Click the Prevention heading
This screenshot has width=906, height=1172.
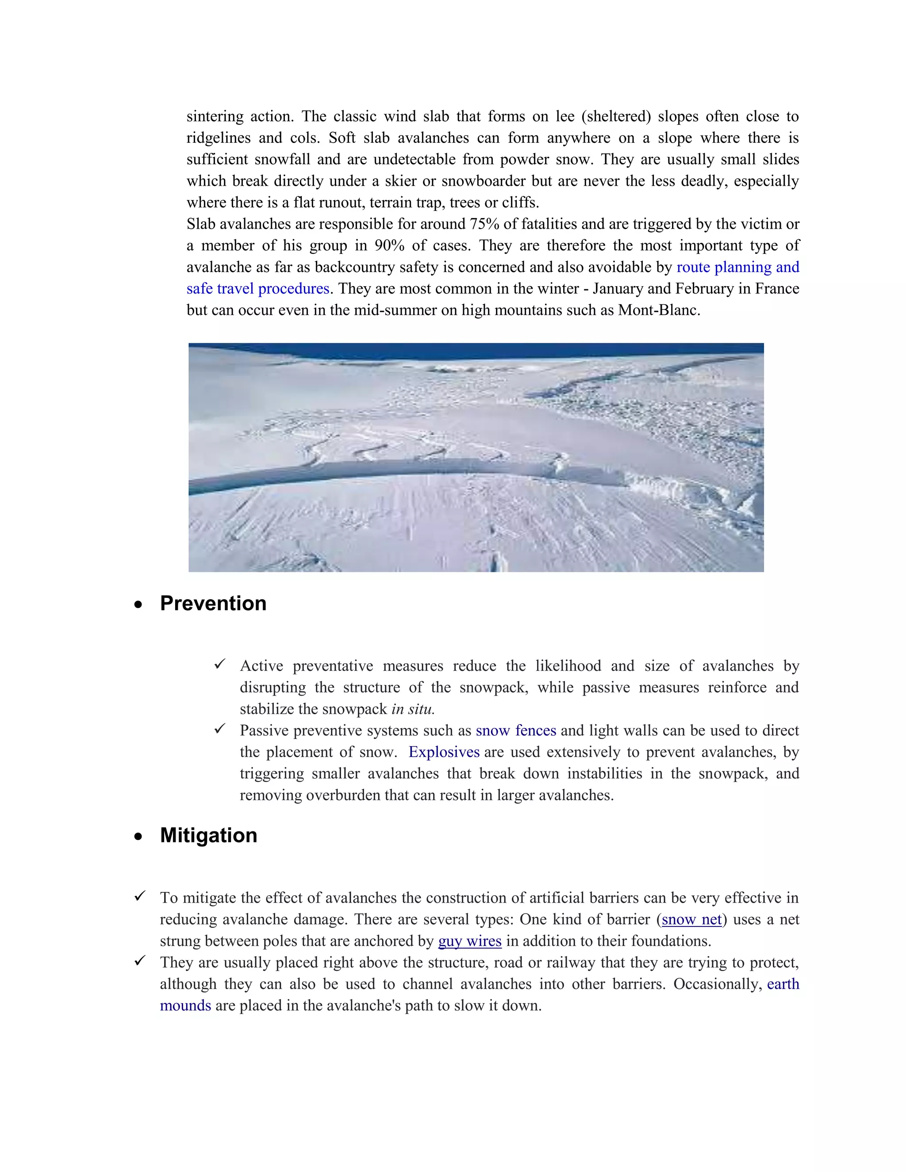click(213, 604)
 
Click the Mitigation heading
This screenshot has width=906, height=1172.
click(208, 835)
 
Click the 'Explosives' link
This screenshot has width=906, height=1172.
click(443, 752)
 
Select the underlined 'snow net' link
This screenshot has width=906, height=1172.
click(691, 920)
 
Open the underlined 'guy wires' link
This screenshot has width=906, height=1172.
click(470, 941)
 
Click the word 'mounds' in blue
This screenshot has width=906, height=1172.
click(185, 1006)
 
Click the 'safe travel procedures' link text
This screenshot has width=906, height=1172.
click(257, 289)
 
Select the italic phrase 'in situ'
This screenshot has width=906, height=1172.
click(412, 709)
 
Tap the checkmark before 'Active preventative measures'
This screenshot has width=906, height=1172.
click(219, 664)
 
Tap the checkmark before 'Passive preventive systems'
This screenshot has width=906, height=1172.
click(219, 729)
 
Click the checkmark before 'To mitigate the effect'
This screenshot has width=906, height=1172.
click(139, 896)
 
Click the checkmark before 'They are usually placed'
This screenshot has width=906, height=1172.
click(139, 961)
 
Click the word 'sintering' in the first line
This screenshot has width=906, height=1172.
click(215, 116)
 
